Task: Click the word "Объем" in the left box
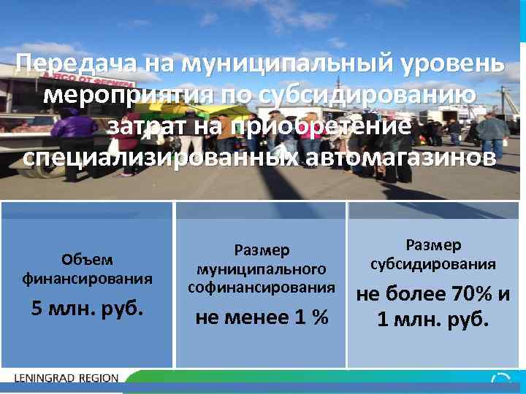88,260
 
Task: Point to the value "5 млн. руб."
88,309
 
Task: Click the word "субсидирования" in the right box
433,263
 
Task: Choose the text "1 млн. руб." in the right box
433,320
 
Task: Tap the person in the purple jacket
74,128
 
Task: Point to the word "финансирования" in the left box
88,278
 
